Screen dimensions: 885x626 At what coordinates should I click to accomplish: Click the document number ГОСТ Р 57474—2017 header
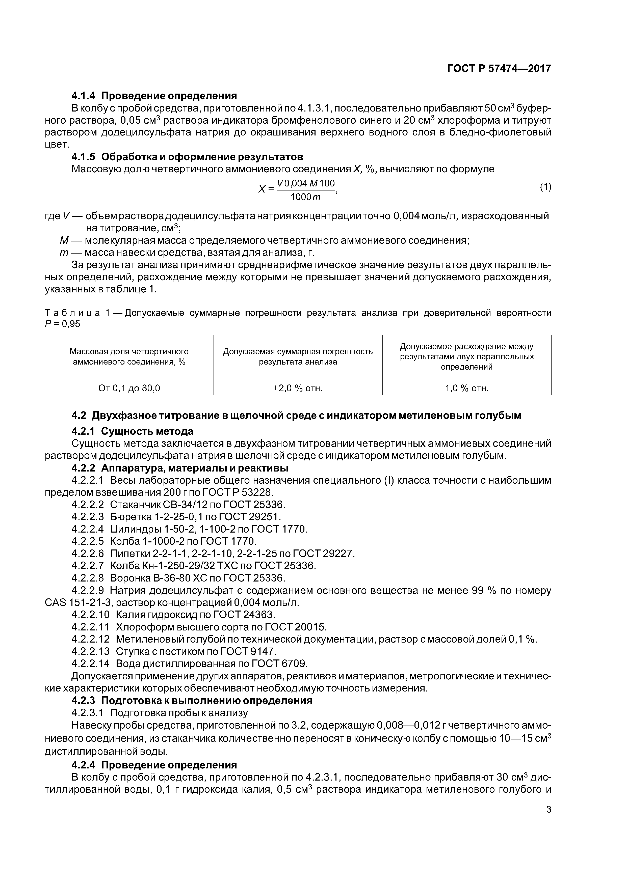[x=499, y=69]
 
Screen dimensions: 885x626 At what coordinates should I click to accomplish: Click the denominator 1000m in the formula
[x=305, y=197]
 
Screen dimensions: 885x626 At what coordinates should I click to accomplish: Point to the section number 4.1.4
[x=84, y=96]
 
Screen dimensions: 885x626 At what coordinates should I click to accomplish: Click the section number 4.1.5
[x=84, y=157]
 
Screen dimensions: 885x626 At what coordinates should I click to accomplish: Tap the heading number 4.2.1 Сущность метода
[x=84, y=431]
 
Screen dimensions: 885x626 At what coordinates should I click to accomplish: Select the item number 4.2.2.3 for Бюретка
[x=88, y=516]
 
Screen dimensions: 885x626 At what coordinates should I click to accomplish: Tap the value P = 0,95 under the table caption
[x=63, y=324]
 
